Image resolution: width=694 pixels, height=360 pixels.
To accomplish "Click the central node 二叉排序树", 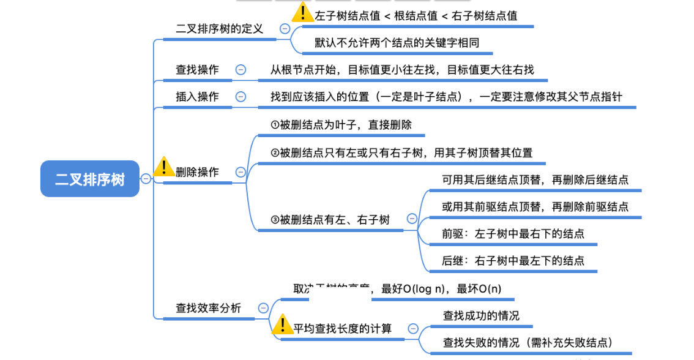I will (x=90, y=179).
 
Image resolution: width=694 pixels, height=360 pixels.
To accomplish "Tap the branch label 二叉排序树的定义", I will (x=219, y=29).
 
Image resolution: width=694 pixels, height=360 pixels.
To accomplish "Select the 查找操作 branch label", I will (x=197, y=70).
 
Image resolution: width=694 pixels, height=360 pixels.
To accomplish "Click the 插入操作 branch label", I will (x=197, y=97).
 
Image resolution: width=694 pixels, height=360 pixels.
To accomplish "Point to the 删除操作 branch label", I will (x=197, y=172).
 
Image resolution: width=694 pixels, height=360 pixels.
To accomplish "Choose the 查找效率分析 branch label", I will (x=209, y=308).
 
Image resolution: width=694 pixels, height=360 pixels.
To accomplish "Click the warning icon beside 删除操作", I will (x=163, y=167).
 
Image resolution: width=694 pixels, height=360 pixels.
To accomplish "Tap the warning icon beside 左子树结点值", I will (x=302, y=11).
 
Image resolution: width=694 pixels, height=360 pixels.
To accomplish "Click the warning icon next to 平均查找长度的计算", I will (x=282, y=324).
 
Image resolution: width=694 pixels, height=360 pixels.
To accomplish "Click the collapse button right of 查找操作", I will (x=241, y=70).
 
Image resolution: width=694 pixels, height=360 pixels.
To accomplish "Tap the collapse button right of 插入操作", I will (x=241, y=97).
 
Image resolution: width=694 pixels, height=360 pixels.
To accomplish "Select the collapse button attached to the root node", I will (x=146, y=179).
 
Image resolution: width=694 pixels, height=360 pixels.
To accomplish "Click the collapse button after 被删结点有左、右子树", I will (x=412, y=219).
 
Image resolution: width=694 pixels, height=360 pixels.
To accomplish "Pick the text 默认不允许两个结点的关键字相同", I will (x=397, y=43).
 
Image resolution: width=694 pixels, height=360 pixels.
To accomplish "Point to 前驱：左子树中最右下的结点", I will (x=513, y=234).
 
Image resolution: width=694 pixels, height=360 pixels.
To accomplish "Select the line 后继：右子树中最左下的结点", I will (x=513, y=261).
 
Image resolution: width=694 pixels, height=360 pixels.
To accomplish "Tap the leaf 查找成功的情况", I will (x=481, y=316).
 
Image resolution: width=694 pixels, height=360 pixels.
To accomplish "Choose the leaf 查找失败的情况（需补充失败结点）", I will (x=528, y=343).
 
